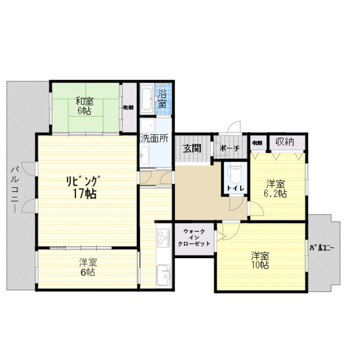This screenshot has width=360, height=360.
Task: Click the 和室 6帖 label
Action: (x=85, y=105)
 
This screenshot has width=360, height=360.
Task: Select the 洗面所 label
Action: (x=155, y=139)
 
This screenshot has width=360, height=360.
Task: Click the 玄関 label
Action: (x=192, y=148)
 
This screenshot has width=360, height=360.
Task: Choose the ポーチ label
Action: (x=229, y=148)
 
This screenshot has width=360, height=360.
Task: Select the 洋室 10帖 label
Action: (x=260, y=260)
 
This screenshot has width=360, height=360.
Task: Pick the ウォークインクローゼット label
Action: (x=194, y=237)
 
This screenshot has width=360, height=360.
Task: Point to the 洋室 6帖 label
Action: (x=88, y=267)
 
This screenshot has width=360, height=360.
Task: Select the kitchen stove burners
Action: (x=163, y=238)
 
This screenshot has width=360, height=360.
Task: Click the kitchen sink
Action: (x=163, y=275)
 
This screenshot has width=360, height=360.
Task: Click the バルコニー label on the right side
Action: (x=323, y=248)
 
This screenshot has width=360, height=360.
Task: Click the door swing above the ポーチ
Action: (x=234, y=127)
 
